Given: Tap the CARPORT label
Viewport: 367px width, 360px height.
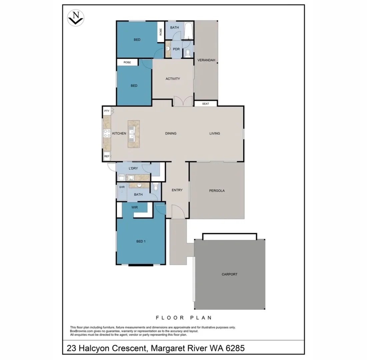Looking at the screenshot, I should coord(229,274).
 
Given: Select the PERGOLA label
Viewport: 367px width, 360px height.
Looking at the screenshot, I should coord(217,191).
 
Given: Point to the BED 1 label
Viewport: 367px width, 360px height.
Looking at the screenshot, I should coord(141,241).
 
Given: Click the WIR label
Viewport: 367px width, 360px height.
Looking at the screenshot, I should coord(135,207).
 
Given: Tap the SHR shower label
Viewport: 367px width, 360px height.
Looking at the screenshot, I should coord(122,187).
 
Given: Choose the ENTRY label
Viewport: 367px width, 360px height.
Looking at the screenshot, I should coord(177,190).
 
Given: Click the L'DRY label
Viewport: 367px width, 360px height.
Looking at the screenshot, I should coord(129,168).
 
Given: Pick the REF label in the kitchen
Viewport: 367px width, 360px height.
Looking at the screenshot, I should coord(107,156).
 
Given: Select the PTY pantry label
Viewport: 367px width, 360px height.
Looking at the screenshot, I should coord(107,111).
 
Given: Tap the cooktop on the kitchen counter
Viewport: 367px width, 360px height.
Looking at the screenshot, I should coord(107,133).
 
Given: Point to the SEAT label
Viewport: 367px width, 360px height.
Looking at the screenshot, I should coord(206,104).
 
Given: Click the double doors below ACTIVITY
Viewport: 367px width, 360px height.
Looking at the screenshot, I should coord(183,101).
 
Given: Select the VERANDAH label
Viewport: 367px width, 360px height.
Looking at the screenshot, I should coord(206,60).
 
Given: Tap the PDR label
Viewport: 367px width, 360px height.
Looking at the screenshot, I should coord(176,49).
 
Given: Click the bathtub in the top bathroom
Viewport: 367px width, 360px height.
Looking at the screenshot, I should coord(188,30).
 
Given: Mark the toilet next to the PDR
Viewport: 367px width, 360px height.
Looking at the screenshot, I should coord(188,53).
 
